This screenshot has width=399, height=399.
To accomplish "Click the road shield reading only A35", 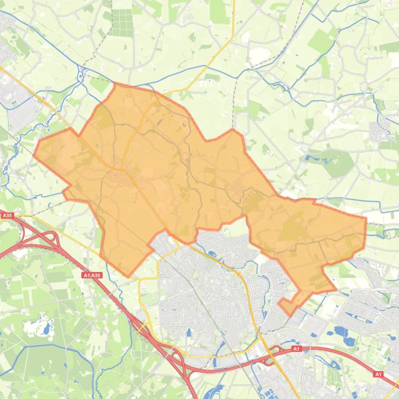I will point(7,215).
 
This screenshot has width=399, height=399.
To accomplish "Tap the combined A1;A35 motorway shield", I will point(92,275).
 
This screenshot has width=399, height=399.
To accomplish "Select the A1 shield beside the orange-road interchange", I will point(296,349).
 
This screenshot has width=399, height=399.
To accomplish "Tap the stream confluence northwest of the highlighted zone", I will point(81,78).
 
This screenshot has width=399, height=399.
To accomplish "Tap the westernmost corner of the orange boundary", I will point(34,154).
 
